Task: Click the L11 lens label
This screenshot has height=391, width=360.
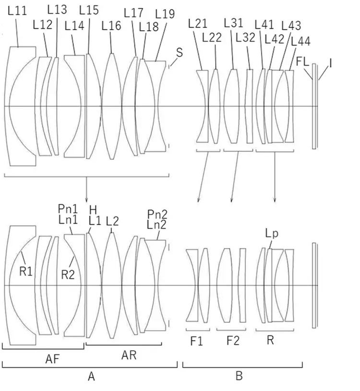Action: (17, 11)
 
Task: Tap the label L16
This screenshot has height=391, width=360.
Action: (111, 26)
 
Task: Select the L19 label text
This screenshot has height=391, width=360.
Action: (165, 14)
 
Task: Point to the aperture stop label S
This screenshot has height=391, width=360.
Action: (180, 53)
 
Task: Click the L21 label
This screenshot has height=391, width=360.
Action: (198, 24)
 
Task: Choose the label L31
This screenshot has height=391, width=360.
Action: (233, 23)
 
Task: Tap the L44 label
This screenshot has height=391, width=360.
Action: (300, 41)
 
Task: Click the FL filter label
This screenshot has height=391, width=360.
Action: (302, 61)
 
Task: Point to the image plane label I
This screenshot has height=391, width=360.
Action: (331, 64)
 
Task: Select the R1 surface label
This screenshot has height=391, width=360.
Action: (26, 272)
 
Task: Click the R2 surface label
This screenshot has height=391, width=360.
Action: (68, 275)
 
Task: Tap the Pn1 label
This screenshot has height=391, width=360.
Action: (68, 209)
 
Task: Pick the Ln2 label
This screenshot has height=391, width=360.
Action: (156, 225)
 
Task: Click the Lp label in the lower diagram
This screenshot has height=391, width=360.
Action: (272, 234)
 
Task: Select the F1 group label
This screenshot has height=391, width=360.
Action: (197, 341)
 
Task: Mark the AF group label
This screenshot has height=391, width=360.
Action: (53, 359)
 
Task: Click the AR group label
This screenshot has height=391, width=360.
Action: (129, 355)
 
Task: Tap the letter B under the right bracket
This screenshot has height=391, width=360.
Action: (239, 376)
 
